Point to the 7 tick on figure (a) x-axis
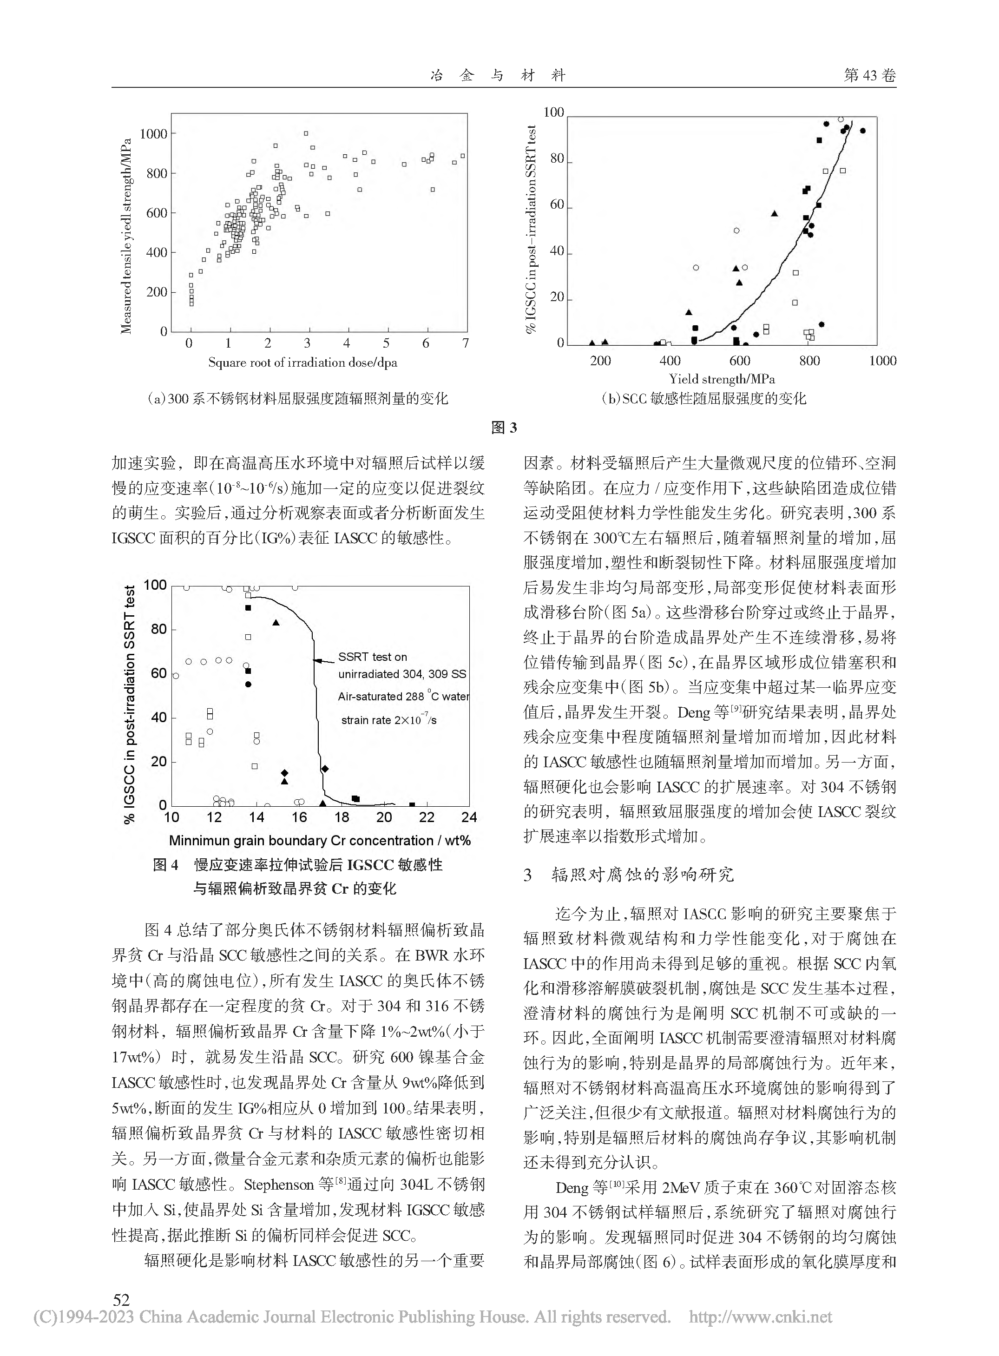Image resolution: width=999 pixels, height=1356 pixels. click(465, 343)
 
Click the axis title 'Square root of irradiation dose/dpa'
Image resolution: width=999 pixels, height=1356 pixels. click(302, 363)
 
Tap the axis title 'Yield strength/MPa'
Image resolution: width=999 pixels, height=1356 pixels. click(722, 379)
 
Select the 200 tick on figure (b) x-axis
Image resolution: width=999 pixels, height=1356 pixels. click(600, 361)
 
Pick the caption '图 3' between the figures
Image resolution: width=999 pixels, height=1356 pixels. click(504, 428)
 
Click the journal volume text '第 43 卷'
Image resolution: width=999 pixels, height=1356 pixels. click(869, 75)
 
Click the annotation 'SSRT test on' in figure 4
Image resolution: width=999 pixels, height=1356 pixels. click(373, 657)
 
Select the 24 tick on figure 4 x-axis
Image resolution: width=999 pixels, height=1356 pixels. click(469, 818)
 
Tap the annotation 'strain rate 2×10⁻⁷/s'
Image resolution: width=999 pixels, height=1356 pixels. click(388, 720)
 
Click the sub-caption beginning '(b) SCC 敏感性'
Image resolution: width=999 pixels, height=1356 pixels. click(703, 399)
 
